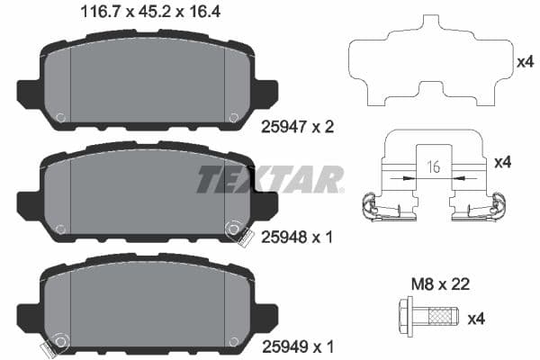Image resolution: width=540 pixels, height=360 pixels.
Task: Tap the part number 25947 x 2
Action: [296, 128]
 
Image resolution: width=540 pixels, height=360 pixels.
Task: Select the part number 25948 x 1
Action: [296, 238]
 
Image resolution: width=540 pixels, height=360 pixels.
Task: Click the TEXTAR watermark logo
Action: [270, 179]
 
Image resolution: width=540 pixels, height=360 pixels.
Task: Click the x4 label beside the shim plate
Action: [526, 62]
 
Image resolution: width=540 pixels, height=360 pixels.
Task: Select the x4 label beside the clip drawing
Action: [503, 162]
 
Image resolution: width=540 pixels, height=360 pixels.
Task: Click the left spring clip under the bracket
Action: [378, 208]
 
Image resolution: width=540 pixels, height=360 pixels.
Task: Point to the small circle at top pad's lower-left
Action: [60, 117]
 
